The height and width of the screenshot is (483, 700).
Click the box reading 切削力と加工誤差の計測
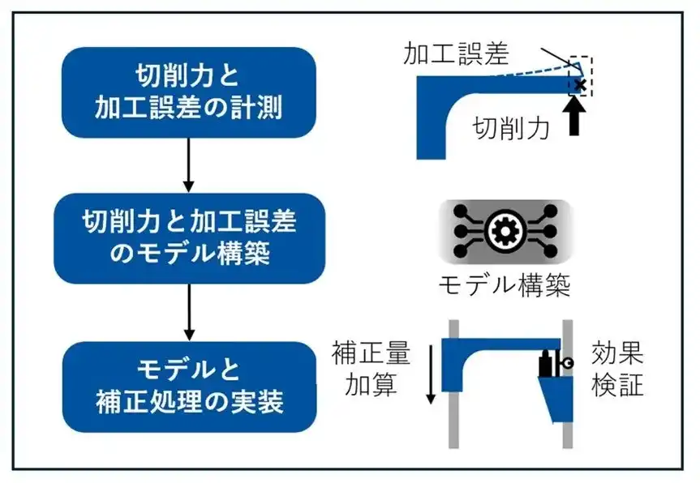pyautogui.click(x=188, y=92)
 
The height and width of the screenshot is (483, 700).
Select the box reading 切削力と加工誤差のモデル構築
pyautogui.click(x=188, y=238)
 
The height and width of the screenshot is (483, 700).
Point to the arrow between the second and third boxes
pyautogui.click(x=188, y=312)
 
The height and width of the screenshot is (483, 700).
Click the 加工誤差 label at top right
pyautogui.click(x=456, y=54)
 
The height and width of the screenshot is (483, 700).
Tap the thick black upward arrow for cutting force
pyautogui.click(x=577, y=116)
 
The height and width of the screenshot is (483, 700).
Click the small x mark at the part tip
pyautogui.click(x=580, y=84)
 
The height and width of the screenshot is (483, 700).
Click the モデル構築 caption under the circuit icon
pyautogui.click(x=505, y=286)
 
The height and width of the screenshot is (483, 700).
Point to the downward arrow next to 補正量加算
pyautogui.click(x=431, y=372)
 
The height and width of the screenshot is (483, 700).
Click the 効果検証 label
pyautogui.click(x=617, y=369)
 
